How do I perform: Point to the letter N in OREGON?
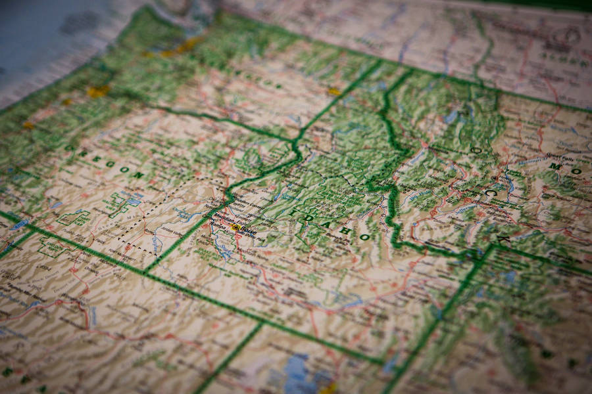pos(137,175)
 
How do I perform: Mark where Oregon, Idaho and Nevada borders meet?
pos(145,271)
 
